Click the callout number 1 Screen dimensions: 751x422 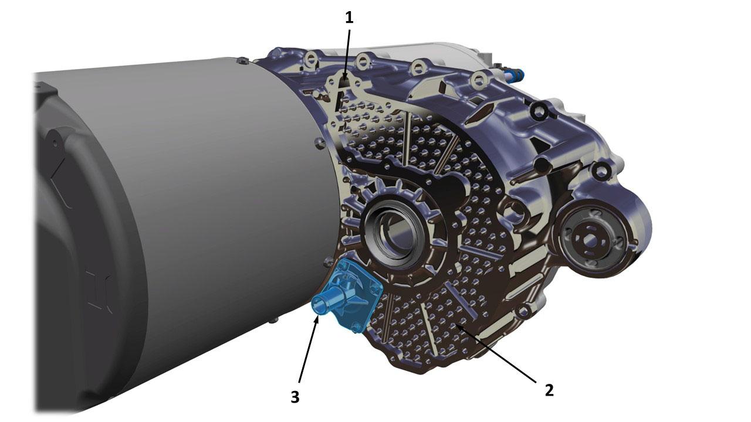tap(349, 18)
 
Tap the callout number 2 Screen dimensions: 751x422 tap(549, 390)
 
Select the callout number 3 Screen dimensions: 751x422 tap(295, 397)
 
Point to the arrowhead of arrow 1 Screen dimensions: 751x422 tap(346, 76)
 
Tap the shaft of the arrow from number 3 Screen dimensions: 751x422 tap(308, 352)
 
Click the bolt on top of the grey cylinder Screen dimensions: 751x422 tap(242, 61)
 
